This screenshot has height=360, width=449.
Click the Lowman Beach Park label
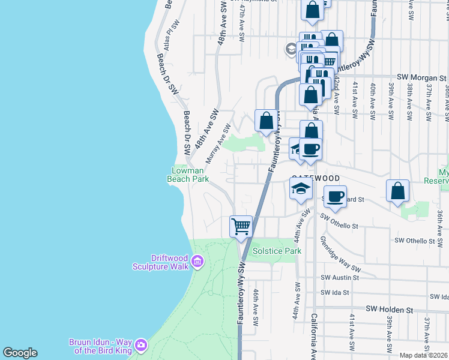[187, 174]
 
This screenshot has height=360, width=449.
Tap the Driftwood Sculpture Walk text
[161, 262]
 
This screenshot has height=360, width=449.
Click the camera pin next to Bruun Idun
[140, 344]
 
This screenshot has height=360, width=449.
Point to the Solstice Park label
[277, 251]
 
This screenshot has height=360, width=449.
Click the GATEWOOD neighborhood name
[316, 179]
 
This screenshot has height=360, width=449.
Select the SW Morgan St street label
[422, 78]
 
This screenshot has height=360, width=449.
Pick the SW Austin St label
[340, 278]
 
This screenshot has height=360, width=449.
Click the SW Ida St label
[335, 292]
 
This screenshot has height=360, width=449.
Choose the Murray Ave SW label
[218, 144]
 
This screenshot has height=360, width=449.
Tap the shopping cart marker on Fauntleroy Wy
[241, 227]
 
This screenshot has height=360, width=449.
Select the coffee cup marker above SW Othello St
[335, 196]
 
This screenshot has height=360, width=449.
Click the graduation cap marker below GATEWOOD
[300, 190]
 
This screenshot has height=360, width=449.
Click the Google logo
[20, 353]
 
